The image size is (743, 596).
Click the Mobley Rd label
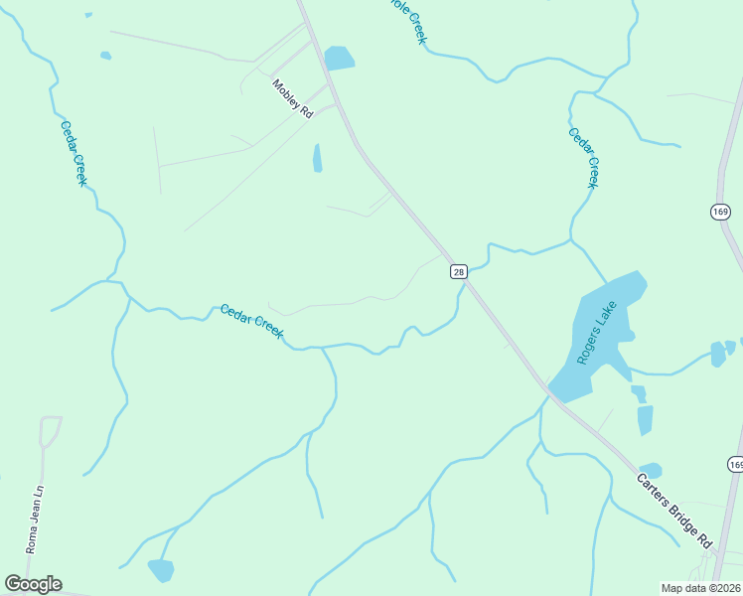click(x=292, y=99)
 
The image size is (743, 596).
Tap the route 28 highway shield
click(x=458, y=271)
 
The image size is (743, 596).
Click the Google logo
click(x=33, y=584)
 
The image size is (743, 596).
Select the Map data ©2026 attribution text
click(x=699, y=587)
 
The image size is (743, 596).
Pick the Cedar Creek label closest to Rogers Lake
click(x=584, y=158)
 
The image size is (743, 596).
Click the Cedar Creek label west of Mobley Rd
click(x=74, y=153)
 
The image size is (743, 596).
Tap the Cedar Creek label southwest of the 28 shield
click(x=252, y=320)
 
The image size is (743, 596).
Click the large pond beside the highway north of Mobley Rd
click(x=340, y=58)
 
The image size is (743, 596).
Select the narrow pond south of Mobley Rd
click(x=318, y=158)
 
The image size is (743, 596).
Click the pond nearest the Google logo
click(x=160, y=570)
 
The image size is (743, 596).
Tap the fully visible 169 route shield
click(x=721, y=212)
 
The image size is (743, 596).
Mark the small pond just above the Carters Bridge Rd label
click(x=651, y=469)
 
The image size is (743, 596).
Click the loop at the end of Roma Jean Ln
click(x=50, y=430)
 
